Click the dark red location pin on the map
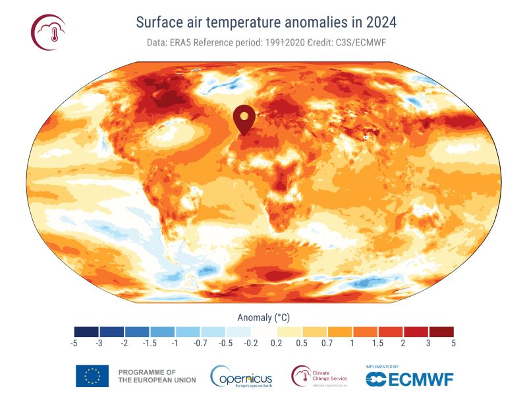244,119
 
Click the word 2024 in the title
377,22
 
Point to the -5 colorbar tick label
73,343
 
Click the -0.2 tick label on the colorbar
251,343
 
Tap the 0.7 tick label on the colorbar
326,343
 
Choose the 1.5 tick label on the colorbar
377,343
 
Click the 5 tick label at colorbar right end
453,343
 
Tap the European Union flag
92,376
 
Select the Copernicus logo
241,377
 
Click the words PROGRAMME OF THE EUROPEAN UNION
147,377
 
